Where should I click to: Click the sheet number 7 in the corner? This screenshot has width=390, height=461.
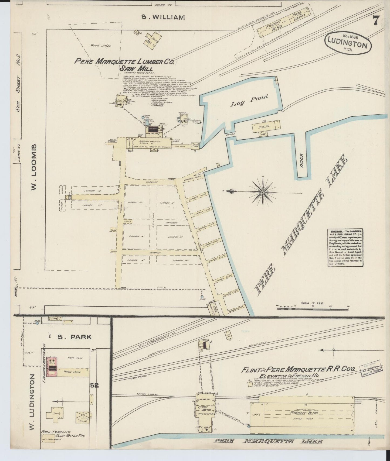coord(376,20)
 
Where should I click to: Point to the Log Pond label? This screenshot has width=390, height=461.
coord(249,101)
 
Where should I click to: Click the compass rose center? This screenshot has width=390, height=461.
coord(262,192)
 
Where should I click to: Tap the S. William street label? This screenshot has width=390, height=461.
coord(163,18)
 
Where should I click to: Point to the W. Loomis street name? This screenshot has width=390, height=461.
coord(33,167)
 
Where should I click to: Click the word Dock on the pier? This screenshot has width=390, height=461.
coord(301,161)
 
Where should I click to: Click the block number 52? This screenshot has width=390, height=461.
coord(94,386)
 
